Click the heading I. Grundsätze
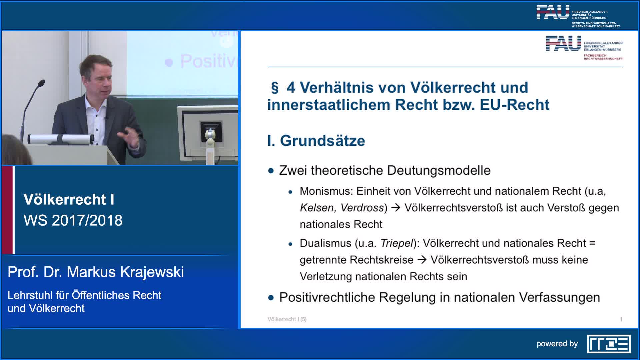click(x=316, y=141)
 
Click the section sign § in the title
click(x=275, y=88)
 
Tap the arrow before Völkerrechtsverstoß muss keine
click(x=422, y=260)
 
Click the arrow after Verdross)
click(x=396, y=208)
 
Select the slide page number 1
click(x=621, y=319)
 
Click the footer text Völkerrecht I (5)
click(x=287, y=319)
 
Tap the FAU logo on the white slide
click(x=584, y=48)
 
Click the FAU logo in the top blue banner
click(x=578, y=16)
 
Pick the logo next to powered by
click(x=609, y=344)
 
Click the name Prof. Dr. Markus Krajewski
click(x=96, y=272)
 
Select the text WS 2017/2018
click(x=73, y=220)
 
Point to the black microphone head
click(x=41, y=83)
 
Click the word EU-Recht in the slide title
click(x=514, y=105)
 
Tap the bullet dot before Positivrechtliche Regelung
click(x=271, y=298)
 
